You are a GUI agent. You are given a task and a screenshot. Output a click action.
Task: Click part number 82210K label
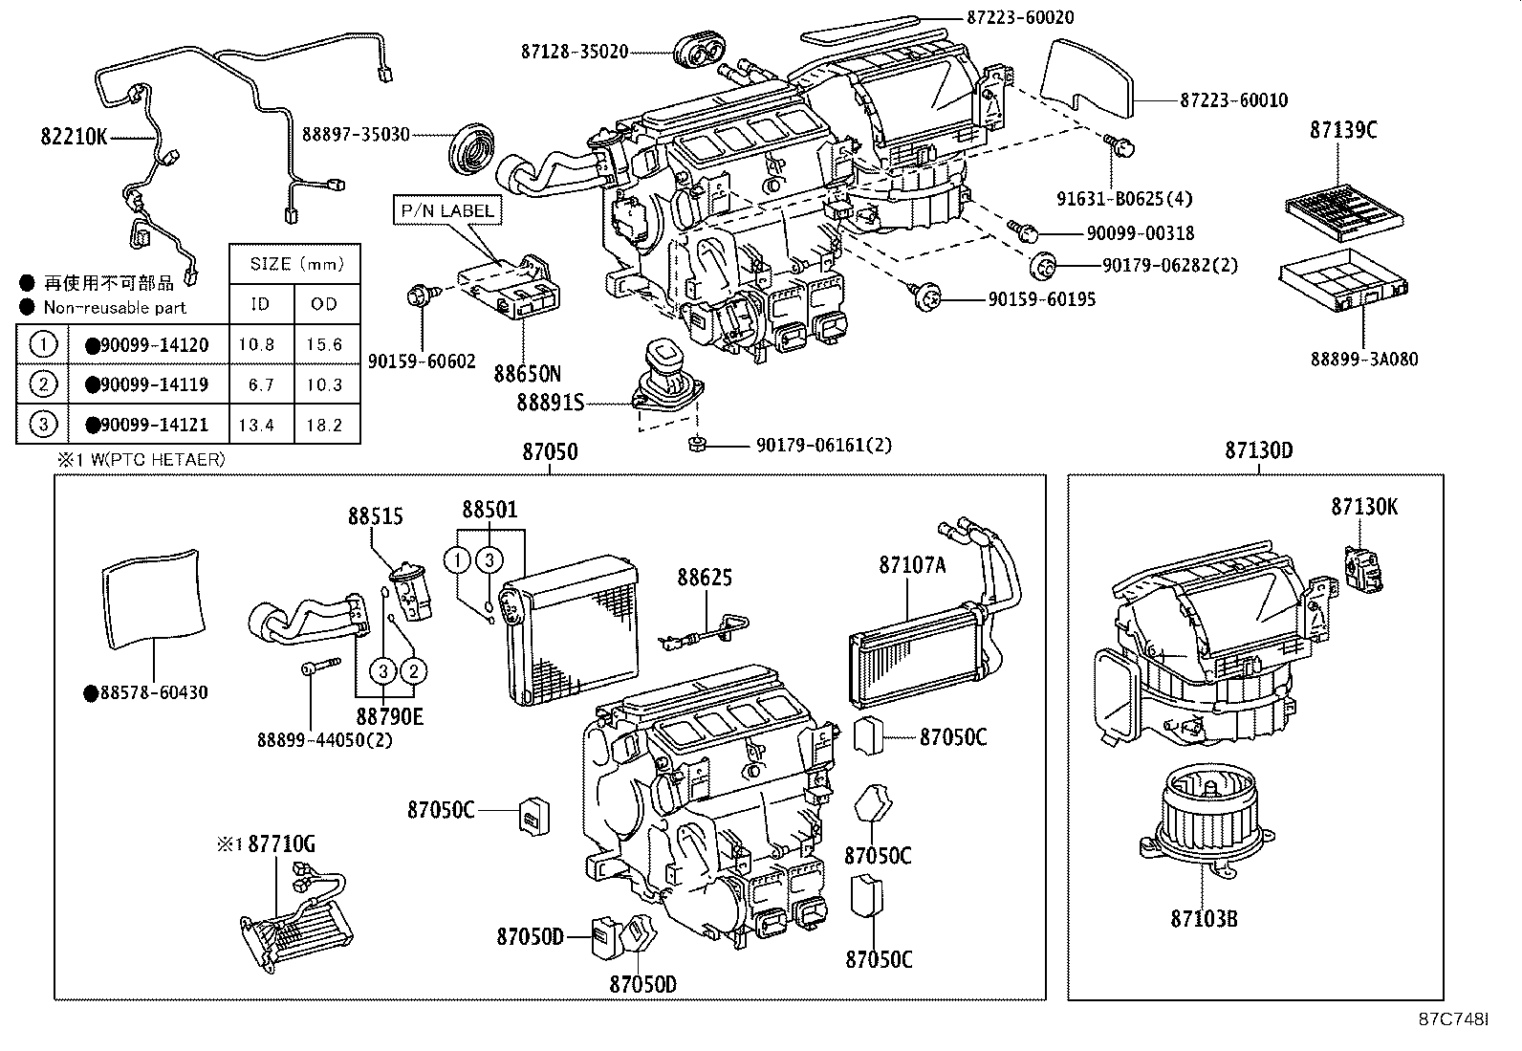74,136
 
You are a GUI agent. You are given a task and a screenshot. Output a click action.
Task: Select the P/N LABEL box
446,210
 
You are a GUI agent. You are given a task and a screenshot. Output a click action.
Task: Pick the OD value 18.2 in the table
324,425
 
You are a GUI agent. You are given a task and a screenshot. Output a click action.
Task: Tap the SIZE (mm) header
295,264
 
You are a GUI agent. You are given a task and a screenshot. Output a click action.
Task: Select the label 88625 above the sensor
705,578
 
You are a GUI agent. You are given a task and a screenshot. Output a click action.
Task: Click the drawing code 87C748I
1453,1020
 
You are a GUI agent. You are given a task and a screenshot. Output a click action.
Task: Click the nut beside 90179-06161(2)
697,445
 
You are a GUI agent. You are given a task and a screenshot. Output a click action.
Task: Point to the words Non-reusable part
115,308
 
